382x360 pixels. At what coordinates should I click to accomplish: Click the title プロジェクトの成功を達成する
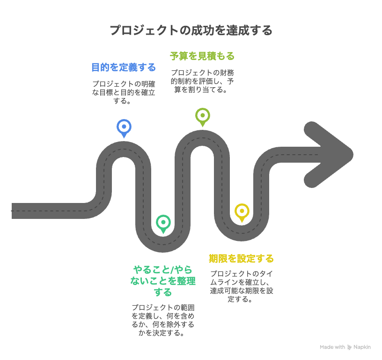click(191, 31)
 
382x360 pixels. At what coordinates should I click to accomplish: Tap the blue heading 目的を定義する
click(123, 67)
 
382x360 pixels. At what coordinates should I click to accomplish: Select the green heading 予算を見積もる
click(202, 56)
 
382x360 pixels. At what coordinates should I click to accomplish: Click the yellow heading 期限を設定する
click(241, 259)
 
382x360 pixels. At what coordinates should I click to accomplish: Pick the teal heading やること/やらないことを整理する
click(163, 281)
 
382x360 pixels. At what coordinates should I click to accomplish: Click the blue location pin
click(124, 127)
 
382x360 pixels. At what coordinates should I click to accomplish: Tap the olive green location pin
click(202, 116)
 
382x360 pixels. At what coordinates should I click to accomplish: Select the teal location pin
click(163, 223)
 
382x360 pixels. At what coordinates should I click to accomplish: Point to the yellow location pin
click(242, 211)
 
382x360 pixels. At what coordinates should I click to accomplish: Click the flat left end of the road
click(14, 211)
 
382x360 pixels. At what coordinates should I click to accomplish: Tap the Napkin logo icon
click(349, 347)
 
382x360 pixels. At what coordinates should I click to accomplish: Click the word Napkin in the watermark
click(362, 347)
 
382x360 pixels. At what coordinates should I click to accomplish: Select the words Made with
click(332, 347)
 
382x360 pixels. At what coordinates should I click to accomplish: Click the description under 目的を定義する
click(123, 92)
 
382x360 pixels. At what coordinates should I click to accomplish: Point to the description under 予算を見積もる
click(202, 81)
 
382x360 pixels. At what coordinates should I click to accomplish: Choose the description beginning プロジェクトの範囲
click(163, 320)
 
